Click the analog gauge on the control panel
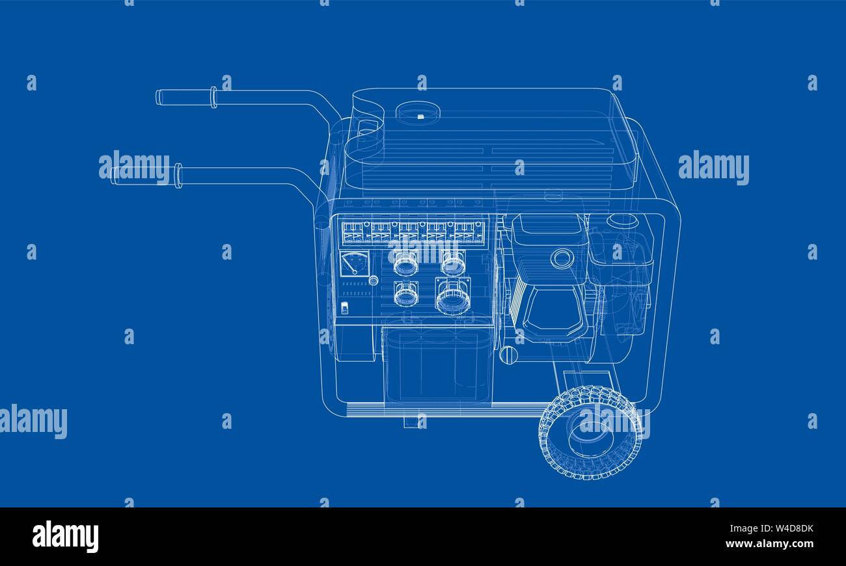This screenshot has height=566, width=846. (354, 263)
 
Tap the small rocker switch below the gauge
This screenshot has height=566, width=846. (346, 308)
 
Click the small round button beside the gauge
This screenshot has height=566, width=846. (373, 280)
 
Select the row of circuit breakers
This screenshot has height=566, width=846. (414, 232)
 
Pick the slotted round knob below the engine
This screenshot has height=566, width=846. (508, 355)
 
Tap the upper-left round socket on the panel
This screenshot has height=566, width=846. (405, 263)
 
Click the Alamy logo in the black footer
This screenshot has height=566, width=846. (65, 537)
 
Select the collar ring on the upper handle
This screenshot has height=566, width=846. (213, 98)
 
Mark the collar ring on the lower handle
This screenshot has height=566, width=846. (178, 176)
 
